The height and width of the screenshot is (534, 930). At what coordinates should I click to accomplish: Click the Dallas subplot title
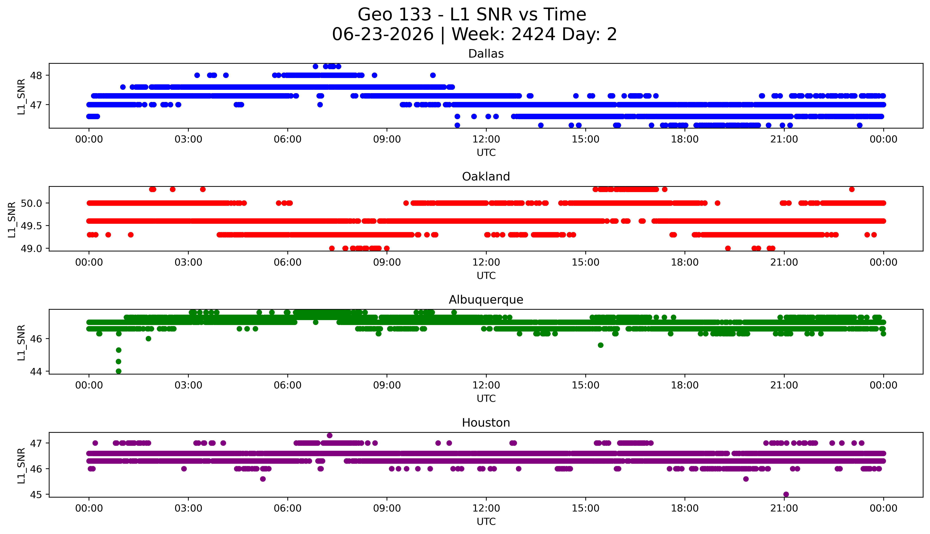486,54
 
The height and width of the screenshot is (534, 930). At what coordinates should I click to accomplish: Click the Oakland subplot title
486,177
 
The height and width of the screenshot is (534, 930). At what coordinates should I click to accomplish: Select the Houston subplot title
486,423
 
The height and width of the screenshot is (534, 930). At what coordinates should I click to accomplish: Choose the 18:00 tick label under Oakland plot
685,262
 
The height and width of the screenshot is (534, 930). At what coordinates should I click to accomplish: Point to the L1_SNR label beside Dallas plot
21,96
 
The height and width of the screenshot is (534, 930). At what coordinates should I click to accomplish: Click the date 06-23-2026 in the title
383,35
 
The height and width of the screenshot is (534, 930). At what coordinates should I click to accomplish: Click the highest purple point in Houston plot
329,435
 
